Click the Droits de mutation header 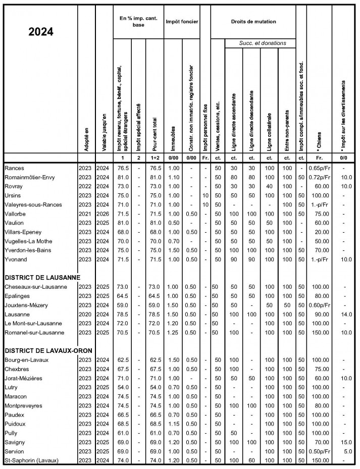(253, 22)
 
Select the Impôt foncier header (181, 22)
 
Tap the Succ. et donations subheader (263, 43)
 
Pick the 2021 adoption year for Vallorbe (85, 213)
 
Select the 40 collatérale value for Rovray (269, 186)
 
